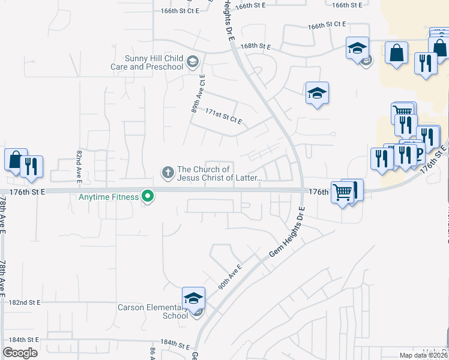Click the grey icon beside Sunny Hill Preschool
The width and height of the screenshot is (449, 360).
pos(192,61)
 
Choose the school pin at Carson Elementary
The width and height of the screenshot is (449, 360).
pos(194,298)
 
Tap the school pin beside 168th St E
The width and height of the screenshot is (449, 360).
pos(357,47)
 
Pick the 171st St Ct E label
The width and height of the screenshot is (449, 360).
pos(223,116)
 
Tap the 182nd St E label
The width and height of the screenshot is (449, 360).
pos(25,303)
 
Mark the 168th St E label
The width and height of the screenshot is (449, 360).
pos(256,46)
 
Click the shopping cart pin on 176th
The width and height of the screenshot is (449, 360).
pos(342,193)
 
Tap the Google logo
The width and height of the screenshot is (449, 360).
pos(20,352)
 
